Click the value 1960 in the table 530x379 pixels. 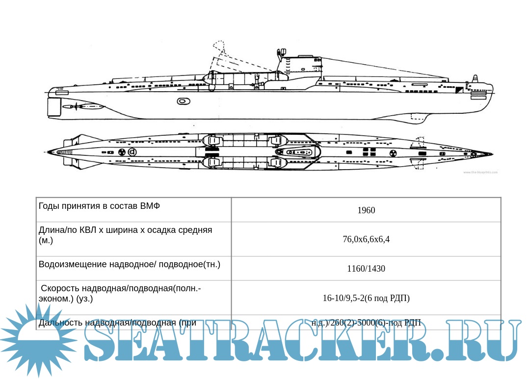(366, 210)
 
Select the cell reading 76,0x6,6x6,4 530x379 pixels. (366, 239)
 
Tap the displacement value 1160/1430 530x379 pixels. (366, 269)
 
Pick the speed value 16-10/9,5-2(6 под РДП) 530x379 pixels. (366, 298)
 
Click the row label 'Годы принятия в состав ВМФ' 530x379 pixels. (99, 206)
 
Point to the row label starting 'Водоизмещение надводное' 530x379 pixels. (130, 264)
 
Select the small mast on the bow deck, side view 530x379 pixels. (475, 80)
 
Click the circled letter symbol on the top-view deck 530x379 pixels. (132, 152)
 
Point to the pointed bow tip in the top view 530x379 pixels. (491, 153)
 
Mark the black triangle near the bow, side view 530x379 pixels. (459, 90)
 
